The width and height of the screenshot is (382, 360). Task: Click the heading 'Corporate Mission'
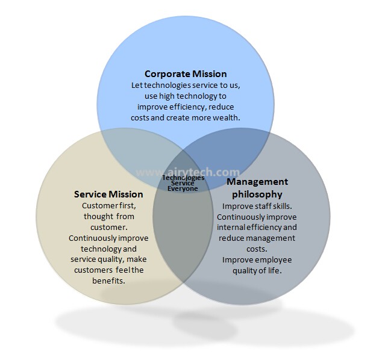click(186, 74)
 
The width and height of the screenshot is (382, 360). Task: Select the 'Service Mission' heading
click(108, 194)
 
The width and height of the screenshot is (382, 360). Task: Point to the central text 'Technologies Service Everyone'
click(183, 183)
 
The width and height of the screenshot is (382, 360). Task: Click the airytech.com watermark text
click(187, 172)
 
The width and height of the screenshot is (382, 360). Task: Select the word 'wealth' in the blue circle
click(227, 118)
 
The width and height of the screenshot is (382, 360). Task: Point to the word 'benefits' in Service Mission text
click(108, 281)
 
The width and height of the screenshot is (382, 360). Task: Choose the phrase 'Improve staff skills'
click(257, 205)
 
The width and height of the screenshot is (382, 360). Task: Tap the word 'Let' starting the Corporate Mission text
click(137, 85)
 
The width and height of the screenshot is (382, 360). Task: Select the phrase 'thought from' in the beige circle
click(108, 216)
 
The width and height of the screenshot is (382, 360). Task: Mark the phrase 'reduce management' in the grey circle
click(257, 238)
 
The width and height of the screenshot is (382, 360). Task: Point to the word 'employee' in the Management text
click(274, 259)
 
